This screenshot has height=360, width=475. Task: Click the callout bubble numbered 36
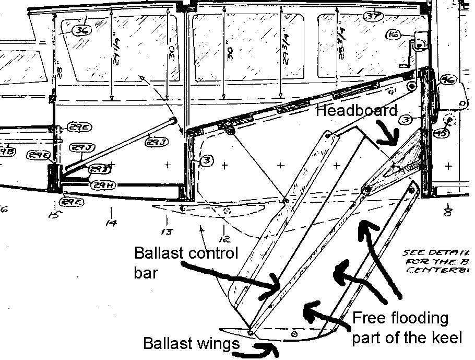click(81, 30)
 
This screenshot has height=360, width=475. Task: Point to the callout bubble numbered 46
click(447, 80)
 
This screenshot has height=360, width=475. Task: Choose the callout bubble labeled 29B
click(6, 152)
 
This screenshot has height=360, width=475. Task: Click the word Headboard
click(357, 111)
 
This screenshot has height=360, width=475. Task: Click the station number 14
click(111, 223)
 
